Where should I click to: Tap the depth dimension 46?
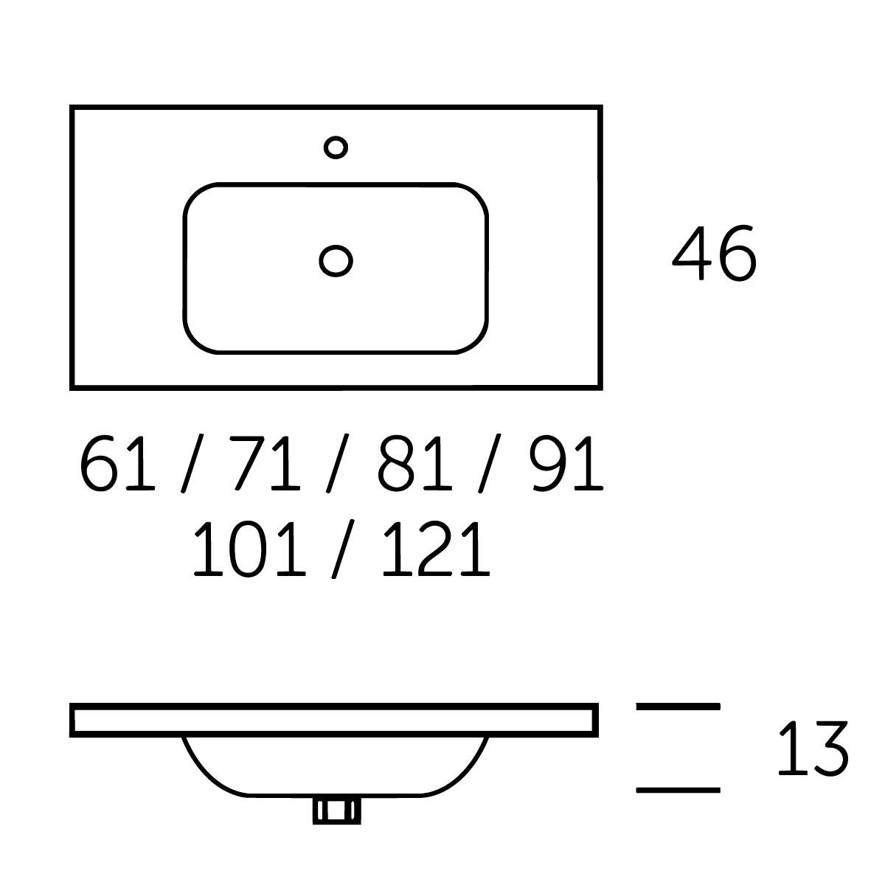coord(714,253)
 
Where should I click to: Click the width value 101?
coord(249,549)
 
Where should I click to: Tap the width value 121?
coord(437,549)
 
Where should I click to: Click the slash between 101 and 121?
coord(343,549)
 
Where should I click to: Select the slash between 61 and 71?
coord(192,463)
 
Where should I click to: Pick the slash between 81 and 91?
coord(490,463)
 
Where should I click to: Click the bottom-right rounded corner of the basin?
coord(476,342)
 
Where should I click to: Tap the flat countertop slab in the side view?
coord(334,720)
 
